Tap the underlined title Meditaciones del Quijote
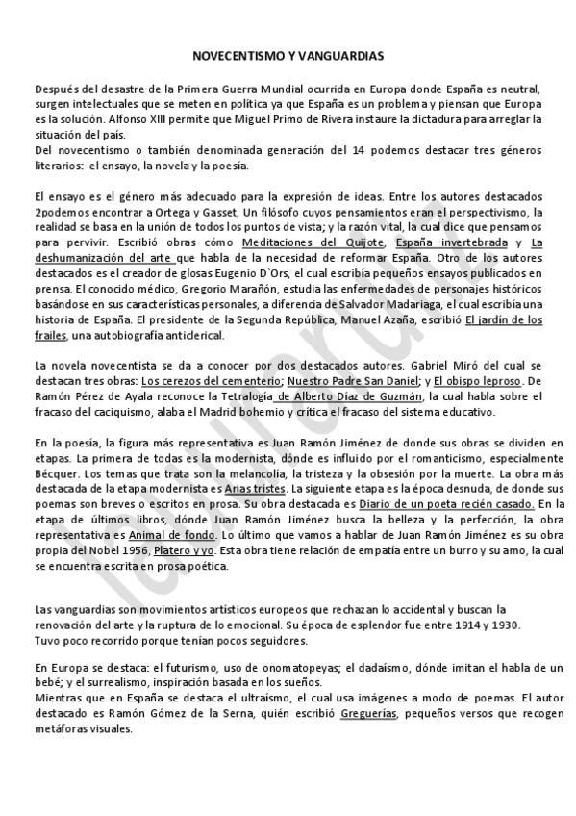coord(313,242)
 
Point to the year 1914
coord(453,625)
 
